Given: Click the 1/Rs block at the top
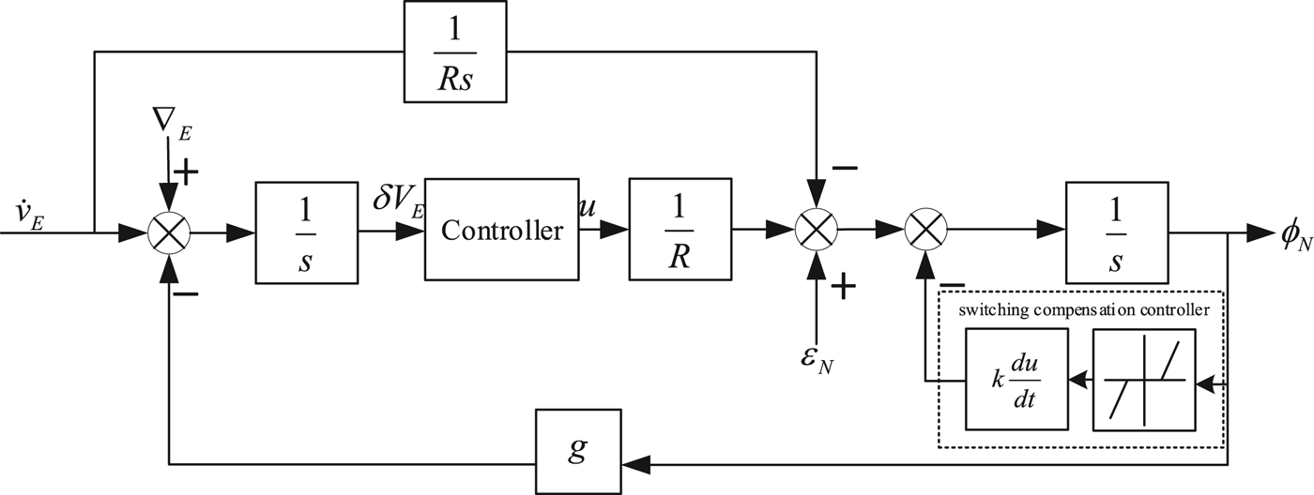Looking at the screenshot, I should tap(456, 52).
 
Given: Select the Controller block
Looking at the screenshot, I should tap(501, 229).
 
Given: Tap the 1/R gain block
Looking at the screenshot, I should tap(680, 229).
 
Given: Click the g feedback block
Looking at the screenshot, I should tap(578, 447).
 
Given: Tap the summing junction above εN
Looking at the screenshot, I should tap(817, 229).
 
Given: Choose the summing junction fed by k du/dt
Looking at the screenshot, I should tap(926, 229).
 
